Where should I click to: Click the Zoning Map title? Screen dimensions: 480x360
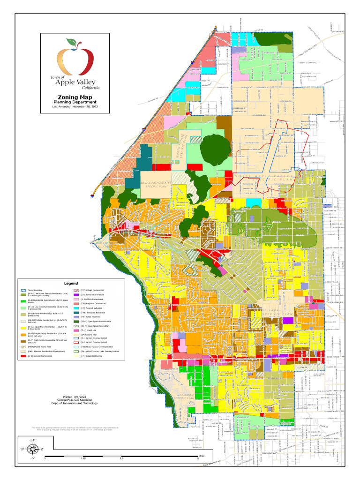75,97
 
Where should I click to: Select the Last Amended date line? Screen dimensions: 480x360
75,106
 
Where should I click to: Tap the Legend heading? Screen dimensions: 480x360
71,284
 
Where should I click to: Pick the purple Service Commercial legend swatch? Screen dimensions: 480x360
77,294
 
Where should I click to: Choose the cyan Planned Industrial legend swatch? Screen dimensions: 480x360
77,308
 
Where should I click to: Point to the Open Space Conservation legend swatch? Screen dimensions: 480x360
77,321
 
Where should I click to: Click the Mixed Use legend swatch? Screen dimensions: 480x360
77,330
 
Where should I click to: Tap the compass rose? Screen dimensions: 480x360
32,449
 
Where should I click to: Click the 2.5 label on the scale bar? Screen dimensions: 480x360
121,458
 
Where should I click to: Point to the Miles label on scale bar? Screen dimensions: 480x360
201,455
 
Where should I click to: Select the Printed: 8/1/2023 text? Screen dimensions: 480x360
75,396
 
